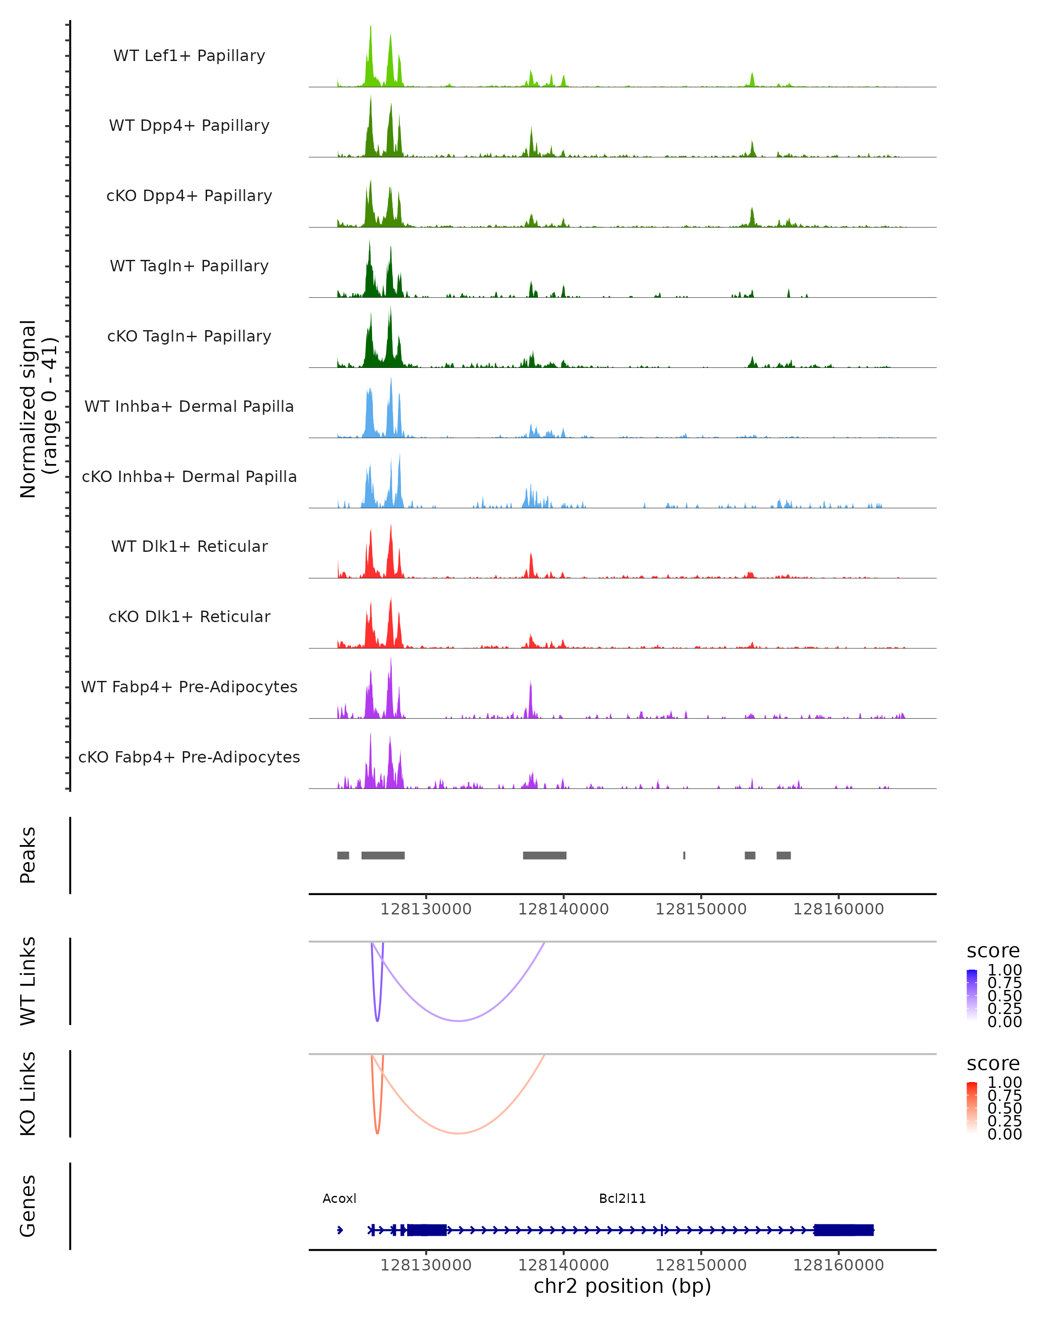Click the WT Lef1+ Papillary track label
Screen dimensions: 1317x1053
(189, 56)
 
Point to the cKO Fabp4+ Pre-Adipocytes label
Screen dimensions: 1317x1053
(189, 757)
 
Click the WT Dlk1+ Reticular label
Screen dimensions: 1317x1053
(189, 546)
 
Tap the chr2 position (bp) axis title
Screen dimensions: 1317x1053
(622, 1286)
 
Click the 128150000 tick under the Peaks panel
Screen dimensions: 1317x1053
(701, 909)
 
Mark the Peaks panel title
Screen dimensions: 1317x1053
(28, 855)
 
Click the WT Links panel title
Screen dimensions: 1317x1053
(28, 981)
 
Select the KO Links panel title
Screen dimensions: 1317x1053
(28, 1094)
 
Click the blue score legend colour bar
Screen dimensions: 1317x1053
(972, 994)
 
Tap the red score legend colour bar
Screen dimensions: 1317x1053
(972, 1107)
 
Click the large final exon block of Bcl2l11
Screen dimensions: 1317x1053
(844, 1230)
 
